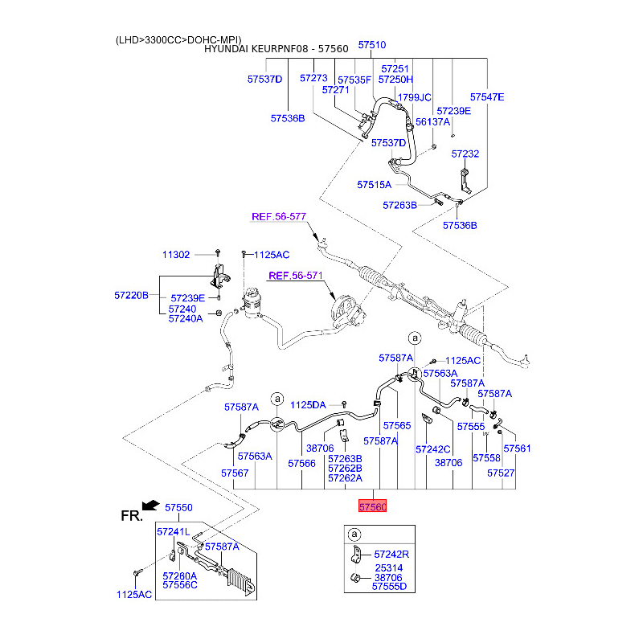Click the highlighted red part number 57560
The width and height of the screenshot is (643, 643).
pyautogui.click(x=373, y=507)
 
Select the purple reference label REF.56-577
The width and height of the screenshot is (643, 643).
pyautogui.click(x=280, y=217)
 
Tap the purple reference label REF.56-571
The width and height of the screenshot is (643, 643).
pyautogui.click(x=295, y=276)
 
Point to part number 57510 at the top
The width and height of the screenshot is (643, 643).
pyautogui.click(x=372, y=46)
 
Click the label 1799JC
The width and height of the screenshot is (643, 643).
pyautogui.click(x=415, y=97)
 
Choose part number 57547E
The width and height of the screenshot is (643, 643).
pyautogui.click(x=487, y=97)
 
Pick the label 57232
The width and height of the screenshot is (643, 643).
pyautogui.click(x=465, y=154)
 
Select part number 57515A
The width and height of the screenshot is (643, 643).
pyautogui.click(x=374, y=185)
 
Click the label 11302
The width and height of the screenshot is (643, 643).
pyautogui.click(x=176, y=255)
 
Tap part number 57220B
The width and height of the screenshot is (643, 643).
pyautogui.click(x=131, y=296)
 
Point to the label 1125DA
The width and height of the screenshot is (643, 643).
pyautogui.click(x=308, y=405)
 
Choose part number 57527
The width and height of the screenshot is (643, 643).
pyautogui.click(x=501, y=473)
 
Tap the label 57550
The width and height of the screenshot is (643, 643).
pyautogui.click(x=179, y=508)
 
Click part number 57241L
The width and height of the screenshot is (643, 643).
pyautogui.click(x=173, y=531)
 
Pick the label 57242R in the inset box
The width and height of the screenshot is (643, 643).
pyautogui.click(x=391, y=555)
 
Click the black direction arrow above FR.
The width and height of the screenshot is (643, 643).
pyautogui.click(x=149, y=505)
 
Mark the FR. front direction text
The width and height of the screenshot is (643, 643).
pyautogui.click(x=132, y=516)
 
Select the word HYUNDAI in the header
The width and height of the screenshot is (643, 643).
pyautogui.click(x=227, y=49)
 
